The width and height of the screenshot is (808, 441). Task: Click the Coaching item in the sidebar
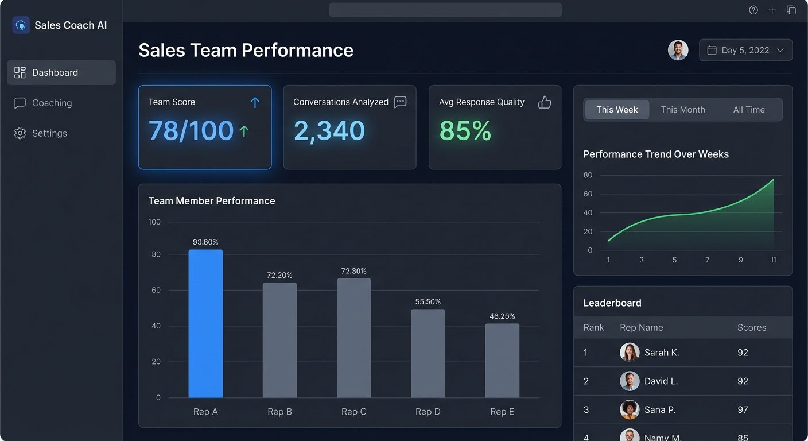[x=52, y=103]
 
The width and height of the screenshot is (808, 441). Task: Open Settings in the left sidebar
[x=49, y=133]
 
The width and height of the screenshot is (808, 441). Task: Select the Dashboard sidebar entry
[x=55, y=73]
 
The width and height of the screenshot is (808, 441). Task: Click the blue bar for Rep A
[x=205, y=324]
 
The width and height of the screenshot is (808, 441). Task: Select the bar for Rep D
[x=428, y=354]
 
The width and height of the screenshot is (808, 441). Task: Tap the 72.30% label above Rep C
[x=353, y=271]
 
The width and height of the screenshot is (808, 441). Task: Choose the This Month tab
[x=683, y=110]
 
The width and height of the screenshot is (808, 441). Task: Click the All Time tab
[x=749, y=110]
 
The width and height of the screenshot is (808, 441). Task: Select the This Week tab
[x=617, y=110]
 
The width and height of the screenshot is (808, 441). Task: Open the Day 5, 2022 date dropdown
[x=745, y=51]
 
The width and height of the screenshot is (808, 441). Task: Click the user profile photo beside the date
[x=678, y=51]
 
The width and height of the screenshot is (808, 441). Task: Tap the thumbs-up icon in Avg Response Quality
[x=544, y=102]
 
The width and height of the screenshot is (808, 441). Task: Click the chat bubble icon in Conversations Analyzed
[x=401, y=102]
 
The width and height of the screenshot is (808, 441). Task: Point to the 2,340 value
[x=329, y=131]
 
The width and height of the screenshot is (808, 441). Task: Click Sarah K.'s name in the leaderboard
[x=662, y=353]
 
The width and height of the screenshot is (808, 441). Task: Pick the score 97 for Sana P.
[x=743, y=410]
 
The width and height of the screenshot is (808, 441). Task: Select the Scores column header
[x=752, y=328]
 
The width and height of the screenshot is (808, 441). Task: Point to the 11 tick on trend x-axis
[x=774, y=260]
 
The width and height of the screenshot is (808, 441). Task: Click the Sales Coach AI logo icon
[x=21, y=25]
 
